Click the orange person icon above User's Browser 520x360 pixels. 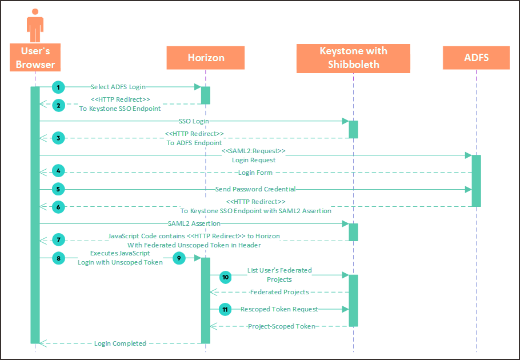click(35, 24)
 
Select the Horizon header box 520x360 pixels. click(206, 58)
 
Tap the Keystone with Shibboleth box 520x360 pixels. click(353, 58)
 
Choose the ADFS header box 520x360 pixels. click(476, 58)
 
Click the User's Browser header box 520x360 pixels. click(35, 58)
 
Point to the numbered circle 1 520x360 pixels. click(58, 87)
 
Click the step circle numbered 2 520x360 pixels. click(58, 104)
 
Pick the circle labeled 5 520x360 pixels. click(58, 189)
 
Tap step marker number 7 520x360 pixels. click(58, 241)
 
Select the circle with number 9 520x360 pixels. click(179, 258)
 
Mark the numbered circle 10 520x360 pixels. click(225, 277)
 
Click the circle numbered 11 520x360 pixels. click(225, 309)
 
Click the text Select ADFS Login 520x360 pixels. click(118, 87)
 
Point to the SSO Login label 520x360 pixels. click(193, 121)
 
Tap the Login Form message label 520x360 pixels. click(255, 173)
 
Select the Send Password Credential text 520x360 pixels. click(255, 189)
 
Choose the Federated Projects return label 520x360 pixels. click(279, 292)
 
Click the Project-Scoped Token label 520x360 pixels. click(281, 326)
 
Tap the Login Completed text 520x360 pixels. click(120, 343)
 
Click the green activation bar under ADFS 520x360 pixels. click(476, 181)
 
